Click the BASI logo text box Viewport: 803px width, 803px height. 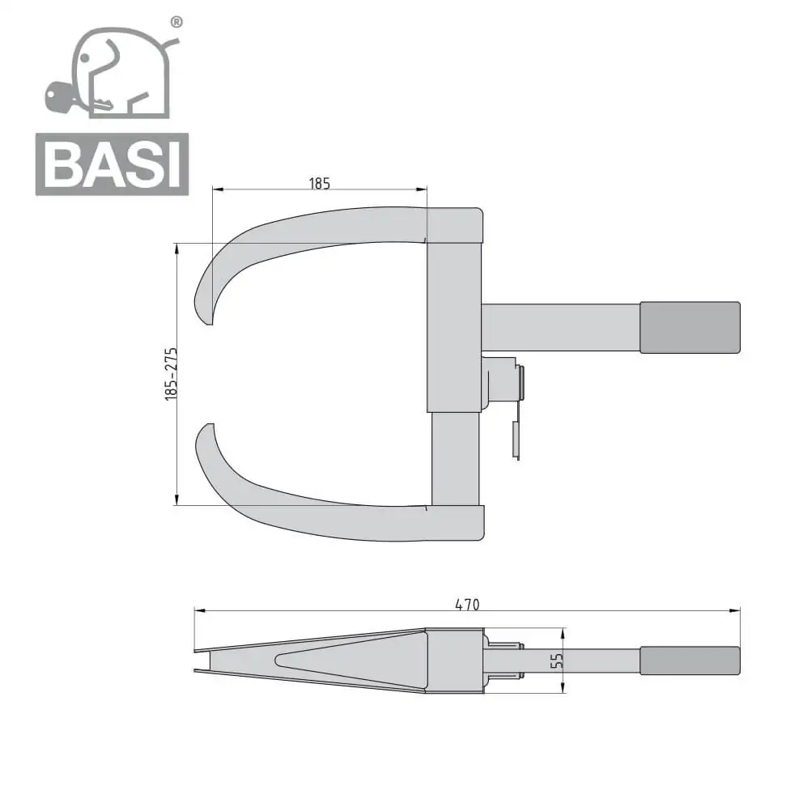tap(113, 164)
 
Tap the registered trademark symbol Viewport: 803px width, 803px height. tap(176, 22)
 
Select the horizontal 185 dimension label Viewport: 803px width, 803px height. tap(320, 183)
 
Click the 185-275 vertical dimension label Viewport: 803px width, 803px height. tap(171, 374)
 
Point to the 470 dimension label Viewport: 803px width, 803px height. tap(467, 605)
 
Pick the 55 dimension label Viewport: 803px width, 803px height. tap(557, 661)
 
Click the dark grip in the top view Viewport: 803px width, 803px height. tap(690, 327)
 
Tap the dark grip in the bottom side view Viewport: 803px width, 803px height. tap(690, 661)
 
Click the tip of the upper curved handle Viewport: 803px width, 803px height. tap(210, 324)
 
